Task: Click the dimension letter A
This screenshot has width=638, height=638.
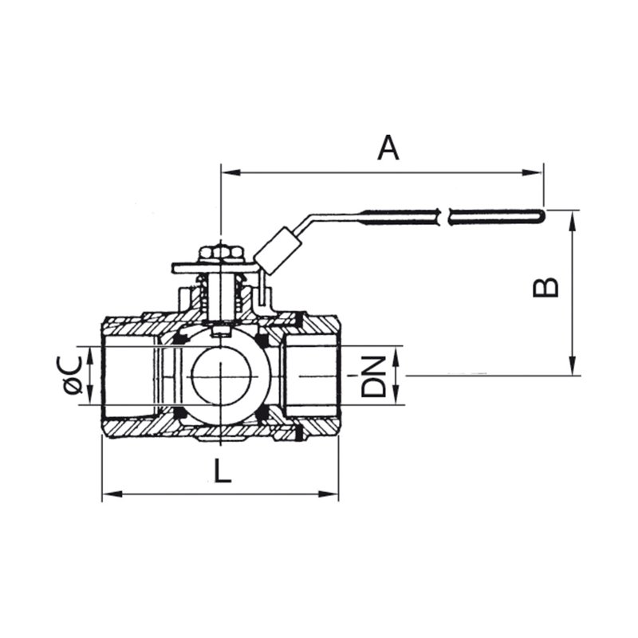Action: click(388, 148)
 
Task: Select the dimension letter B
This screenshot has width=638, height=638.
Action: click(545, 287)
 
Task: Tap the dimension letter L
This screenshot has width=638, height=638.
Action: click(223, 471)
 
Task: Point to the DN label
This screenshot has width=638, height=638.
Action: click(373, 376)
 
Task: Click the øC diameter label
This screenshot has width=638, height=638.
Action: click(73, 375)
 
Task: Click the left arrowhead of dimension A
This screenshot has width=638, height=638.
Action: click(230, 172)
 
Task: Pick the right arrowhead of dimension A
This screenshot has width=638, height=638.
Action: click(533, 172)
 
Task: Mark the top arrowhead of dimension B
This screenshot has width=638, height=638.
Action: click(573, 221)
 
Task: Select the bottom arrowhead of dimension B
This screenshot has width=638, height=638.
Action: click(573, 365)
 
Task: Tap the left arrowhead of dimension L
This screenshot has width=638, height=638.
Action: click(112, 494)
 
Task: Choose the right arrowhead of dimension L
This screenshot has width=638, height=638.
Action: click(329, 494)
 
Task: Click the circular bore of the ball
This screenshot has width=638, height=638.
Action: click(220, 377)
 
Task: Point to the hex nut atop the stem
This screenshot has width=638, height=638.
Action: click(221, 254)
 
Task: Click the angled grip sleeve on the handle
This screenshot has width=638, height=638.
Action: click(278, 251)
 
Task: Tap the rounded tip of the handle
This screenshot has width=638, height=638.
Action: click(540, 216)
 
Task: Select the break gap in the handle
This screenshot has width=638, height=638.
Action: click(444, 217)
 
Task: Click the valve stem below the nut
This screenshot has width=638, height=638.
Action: click(220, 297)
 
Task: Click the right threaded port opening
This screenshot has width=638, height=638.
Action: click(311, 376)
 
